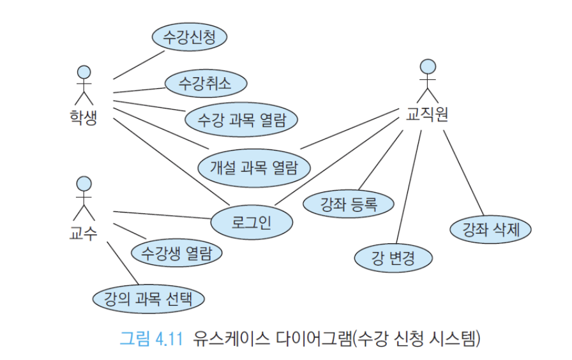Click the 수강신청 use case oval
[190, 37]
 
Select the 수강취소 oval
[206, 83]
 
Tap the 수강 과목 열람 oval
[241, 119]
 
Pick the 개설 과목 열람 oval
[254, 168]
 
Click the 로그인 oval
[252, 221]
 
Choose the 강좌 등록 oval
[349, 204]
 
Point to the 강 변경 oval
[393, 258]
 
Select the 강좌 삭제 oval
[490, 229]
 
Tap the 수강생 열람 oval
[177, 253]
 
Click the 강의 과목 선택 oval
[148, 299]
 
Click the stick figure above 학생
[84, 85]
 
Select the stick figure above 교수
[84, 199]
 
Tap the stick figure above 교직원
[428, 81]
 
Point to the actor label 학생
[84, 117]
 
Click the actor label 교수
[84, 233]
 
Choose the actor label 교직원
[427, 114]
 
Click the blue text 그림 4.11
[151, 338]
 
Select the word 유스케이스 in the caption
[231, 338]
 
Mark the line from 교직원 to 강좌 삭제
[463, 173]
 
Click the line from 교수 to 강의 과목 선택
[123, 263]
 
